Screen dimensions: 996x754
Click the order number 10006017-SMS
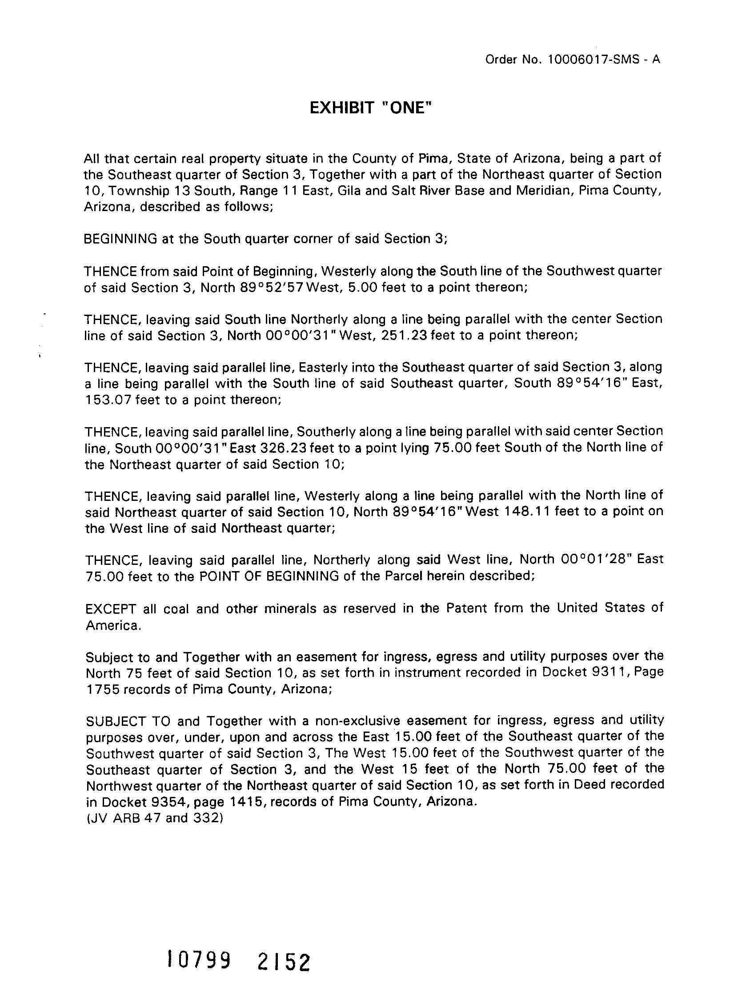[x=594, y=60]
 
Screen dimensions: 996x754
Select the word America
[x=113, y=626]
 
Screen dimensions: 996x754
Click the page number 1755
[x=103, y=689]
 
